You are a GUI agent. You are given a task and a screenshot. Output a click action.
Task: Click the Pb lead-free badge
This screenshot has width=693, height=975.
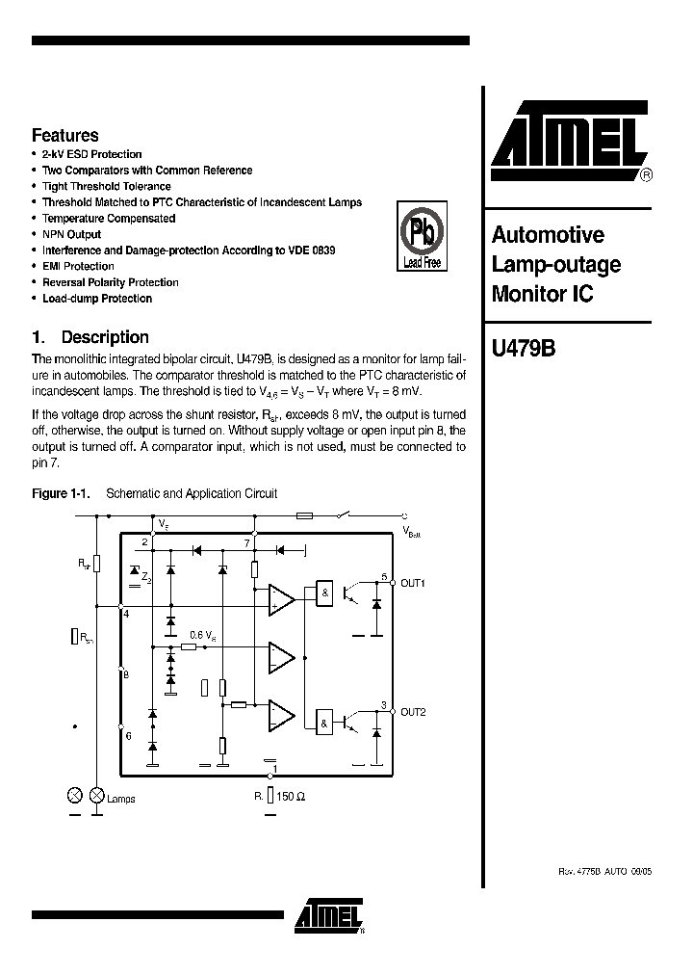point(421,237)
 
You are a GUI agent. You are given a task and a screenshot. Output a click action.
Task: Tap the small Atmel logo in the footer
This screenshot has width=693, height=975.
point(329,916)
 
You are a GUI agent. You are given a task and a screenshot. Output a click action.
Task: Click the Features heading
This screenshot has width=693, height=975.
point(64,136)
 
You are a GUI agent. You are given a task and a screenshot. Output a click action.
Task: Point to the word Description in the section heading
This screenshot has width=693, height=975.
point(105,337)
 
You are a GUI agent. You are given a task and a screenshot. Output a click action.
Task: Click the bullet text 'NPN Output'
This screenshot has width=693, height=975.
point(71,234)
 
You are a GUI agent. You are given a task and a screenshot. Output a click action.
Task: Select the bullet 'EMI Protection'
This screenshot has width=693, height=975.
point(78,266)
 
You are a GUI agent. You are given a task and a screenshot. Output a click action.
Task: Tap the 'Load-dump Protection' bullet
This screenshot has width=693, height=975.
point(97,299)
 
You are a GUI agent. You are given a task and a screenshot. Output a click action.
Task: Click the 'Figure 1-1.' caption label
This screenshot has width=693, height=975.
point(61,493)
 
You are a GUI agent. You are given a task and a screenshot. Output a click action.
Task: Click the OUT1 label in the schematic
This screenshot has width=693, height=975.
point(413,583)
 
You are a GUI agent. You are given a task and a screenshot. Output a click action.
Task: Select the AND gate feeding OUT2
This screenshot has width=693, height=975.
point(326,721)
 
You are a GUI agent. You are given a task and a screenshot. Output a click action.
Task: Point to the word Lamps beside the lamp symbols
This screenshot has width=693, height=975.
point(121,799)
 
